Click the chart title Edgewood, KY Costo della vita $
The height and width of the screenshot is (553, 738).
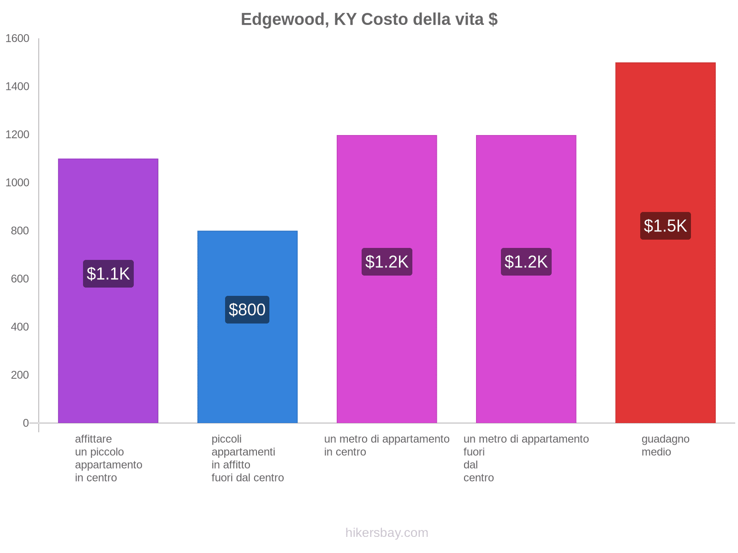point(369,19)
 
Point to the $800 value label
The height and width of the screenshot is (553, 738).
point(247,310)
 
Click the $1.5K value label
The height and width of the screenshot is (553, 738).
point(665,226)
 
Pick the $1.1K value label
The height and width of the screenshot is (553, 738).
point(108,274)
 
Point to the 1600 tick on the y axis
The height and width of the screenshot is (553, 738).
point(18,39)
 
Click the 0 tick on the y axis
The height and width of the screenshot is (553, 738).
point(26,423)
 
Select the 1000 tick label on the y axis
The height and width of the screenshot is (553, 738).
point(18,183)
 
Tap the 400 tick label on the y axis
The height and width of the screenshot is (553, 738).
point(20,327)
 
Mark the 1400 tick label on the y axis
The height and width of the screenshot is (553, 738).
point(18,87)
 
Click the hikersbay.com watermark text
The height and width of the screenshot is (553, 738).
point(387,533)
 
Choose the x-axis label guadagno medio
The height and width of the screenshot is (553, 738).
point(665,446)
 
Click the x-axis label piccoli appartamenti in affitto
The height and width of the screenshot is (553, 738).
point(247,459)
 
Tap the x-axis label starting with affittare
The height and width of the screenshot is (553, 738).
point(108,459)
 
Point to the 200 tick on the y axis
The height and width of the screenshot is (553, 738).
point(20,375)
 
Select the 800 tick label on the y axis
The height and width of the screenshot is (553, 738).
point(20,231)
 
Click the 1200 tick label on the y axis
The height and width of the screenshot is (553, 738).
point(18,135)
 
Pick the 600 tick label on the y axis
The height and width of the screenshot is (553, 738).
point(20,279)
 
